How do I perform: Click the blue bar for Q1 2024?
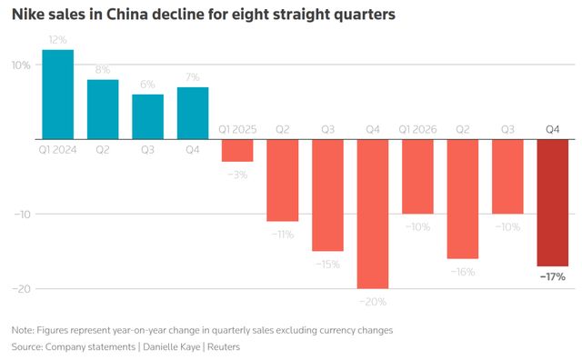(x=58, y=95)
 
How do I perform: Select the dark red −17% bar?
(x=553, y=203)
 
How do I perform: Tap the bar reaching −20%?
(x=373, y=215)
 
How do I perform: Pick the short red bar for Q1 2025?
(x=237, y=151)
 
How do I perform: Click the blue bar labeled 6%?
(x=147, y=117)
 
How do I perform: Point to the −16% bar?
(x=463, y=199)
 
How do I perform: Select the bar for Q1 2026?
(x=417, y=176)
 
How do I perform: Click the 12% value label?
(x=58, y=40)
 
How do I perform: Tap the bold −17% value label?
(x=553, y=277)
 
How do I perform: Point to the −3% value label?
(x=237, y=175)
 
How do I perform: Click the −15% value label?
(x=327, y=265)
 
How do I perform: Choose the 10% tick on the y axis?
(x=21, y=65)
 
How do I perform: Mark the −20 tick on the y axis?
(x=22, y=289)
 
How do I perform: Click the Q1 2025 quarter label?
(x=237, y=129)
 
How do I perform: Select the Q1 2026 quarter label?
(x=417, y=129)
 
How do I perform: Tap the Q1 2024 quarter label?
(x=58, y=150)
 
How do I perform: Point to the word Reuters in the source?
(x=224, y=347)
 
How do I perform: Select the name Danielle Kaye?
(x=172, y=347)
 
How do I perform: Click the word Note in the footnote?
(x=23, y=330)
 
